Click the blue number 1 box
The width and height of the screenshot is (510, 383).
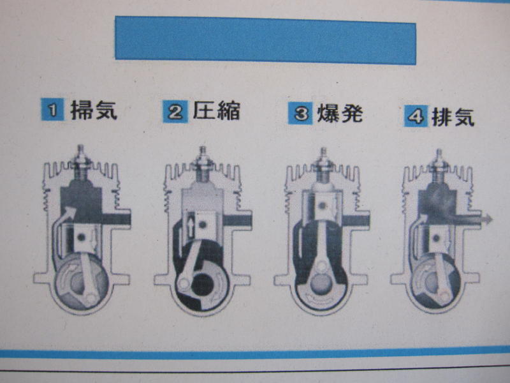52,109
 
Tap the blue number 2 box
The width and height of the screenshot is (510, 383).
175,112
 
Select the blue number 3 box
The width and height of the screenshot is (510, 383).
300,114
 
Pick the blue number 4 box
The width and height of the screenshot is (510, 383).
416,116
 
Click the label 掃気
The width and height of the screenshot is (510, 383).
94,110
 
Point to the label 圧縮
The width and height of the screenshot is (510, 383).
217,110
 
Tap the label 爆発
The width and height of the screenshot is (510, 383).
340,114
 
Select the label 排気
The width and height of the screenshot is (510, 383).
453,117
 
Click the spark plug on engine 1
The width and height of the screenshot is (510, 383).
80,162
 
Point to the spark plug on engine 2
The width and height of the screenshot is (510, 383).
203,164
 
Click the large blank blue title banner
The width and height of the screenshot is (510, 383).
265,40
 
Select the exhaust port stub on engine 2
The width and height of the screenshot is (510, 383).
237,220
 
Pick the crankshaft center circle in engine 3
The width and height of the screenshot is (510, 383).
321,282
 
